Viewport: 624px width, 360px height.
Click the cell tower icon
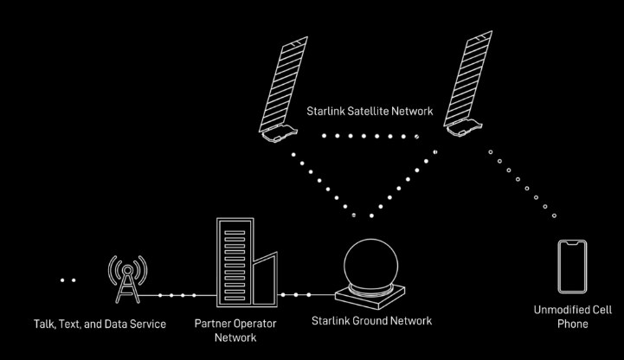coord(128,280)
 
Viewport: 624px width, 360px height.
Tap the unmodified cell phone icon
coord(572,267)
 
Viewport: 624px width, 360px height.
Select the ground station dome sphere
coord(371,262)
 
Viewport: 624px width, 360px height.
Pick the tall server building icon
coord(235,262)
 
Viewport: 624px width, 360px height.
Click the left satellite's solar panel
coord(283,84)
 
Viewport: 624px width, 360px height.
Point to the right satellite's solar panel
coord(468,78)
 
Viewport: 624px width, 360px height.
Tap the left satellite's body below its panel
coord(280,134)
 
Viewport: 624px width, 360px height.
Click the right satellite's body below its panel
coord(464,128)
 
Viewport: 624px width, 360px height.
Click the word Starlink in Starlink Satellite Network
coord(325,111)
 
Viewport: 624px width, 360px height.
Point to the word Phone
coord(573,324)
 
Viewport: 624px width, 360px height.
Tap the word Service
coord(148,324)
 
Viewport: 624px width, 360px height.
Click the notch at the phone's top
coord(572,243)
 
